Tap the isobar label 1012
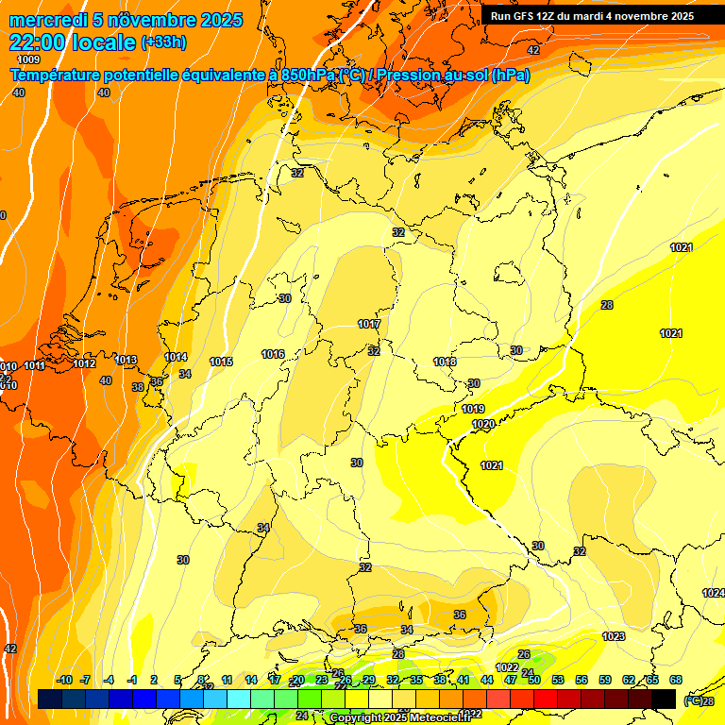pyautogui.click(x=84, y=363)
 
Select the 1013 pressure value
pyautogui.click(x=126, y=360)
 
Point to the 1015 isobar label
pyautogui.click(x=222, y=362)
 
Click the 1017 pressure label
pyautogui.click(x=369, y=324)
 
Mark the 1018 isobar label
pyautogui.click(x=445, y=362)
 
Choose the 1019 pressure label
pyautogui.click(x=473, y=409)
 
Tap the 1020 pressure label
pyautogui.click(x=483, y=424)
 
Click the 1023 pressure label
pyautogui.click(x=614, y=636)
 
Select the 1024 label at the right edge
pyautogui.click(x=713, y=593)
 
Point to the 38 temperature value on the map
pyautogui.click(x=138, y=387)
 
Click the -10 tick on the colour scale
pyautogui.click(x=64, y=680)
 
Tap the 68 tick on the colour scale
pyautogui.click(x=676, y=680)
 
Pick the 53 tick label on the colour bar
pyautogui.click(x=558, y=680)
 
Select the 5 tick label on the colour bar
pyautogui.click(x=178, y=680)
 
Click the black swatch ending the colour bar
pyautogui.click(x=664, y=699)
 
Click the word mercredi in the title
pyautogui.click(x=48, y=20)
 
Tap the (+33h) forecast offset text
pyautogui.click(x=163, y=42)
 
